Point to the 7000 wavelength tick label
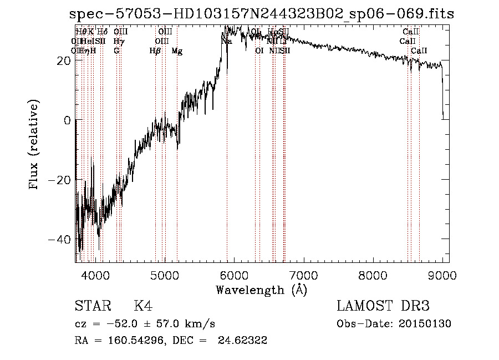tap(303, 276)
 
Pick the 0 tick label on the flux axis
tap(68, 120)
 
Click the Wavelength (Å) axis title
tap(261, 290)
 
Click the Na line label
tap(226, 41)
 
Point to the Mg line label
tap(177, 51)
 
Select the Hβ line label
tap(155, 51)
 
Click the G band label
tap(116, 51)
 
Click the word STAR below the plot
tap(92, 306)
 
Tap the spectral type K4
tap(143, 306)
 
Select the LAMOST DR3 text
tap(383, 306)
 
